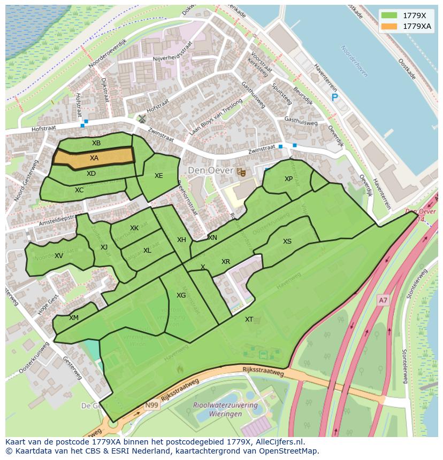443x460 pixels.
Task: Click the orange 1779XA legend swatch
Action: click(x=389, y=26)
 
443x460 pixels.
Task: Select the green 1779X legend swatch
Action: click(x=389, y=15)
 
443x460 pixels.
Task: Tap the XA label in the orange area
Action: click(x=94, y=158)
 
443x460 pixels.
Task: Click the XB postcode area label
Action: click(x=96, y=143)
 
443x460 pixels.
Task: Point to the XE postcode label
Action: click(x=159, y=176)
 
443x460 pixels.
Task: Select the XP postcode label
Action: click(x=288, y=179)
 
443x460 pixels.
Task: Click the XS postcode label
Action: click(x=287, y=241)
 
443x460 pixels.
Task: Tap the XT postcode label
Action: click(x=249, y=319)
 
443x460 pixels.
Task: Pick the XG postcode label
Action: click(x=181, y=295)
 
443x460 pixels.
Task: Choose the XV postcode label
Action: click(x=59, y=256)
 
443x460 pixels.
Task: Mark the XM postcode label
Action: click(x=74, y=318)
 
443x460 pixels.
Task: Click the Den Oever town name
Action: click(x=210, y=170)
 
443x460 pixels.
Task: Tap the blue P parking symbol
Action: click(x=335, y=97)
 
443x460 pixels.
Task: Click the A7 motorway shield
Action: click(x=383, y=300)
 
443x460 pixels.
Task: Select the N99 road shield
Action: click(x=152, y=406)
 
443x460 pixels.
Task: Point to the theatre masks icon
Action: click(x=241, y=171)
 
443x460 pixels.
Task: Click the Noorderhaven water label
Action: click(x=354, y=61)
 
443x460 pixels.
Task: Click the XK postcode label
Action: click(x=134, y=228)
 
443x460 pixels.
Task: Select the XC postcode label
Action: click(x=79, y=190)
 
